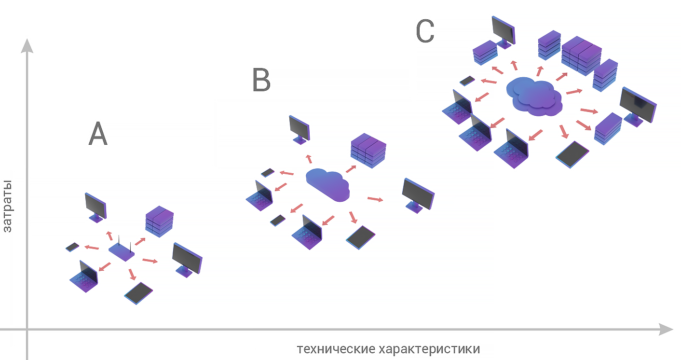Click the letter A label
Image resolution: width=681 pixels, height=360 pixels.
pyautogui.click(x=98, y=134)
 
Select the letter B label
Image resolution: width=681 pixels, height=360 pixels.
pyautogui.click(x=261, y=80)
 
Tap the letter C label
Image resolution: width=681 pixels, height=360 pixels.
pyautogui.click(x=425, y=32)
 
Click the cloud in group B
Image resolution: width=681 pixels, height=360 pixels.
pyautogui.click(x=328, y=184)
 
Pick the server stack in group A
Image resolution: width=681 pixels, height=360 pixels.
pyautogui.click(x=159, y=222)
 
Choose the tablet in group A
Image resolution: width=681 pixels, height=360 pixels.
pyautogui.click(x=138, y=293)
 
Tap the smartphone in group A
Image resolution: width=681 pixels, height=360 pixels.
pyautogui.click(x=73, y=247)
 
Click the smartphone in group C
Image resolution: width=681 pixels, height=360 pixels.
pyautogui.click(x=467, y=80)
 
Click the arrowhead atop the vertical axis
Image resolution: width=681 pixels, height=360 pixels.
pyautogui.click(x=27, y=46)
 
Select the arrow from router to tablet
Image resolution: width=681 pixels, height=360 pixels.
pyautogui.click(x=131, y=274)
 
